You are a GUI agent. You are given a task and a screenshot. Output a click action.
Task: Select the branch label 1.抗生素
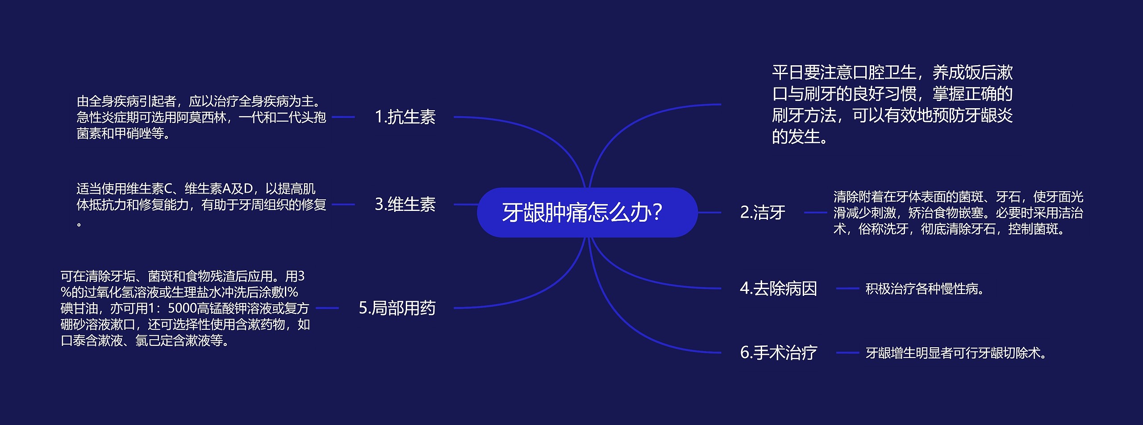pos(405,117)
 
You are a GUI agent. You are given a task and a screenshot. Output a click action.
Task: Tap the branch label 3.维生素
pos(405,204)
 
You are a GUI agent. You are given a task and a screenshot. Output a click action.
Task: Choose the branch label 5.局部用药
pos(397,308)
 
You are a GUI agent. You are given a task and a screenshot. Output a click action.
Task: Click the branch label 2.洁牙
pos(763,212)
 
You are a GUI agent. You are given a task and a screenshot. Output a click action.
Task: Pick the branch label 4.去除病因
pos(778,289)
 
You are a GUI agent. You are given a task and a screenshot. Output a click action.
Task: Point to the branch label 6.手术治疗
pos(778,353)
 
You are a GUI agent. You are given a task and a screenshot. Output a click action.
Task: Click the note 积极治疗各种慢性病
pos(925,289)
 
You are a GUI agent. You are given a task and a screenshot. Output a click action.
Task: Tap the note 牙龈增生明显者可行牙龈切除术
pos(955,353)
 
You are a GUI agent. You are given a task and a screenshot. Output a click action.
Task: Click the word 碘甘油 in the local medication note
pos(79,308)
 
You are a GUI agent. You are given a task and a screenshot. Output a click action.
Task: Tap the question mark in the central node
pos(657,212)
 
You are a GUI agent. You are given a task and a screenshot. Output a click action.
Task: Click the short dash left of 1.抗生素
pos(343,117)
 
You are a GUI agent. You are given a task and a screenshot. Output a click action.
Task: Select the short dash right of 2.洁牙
pos(815,212)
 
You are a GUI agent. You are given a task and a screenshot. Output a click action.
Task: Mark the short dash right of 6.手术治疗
pos(847,353)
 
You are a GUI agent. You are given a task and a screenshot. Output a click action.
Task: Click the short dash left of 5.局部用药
pos(327,308)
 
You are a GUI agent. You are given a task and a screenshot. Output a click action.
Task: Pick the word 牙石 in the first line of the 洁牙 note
pos(1008,197)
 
